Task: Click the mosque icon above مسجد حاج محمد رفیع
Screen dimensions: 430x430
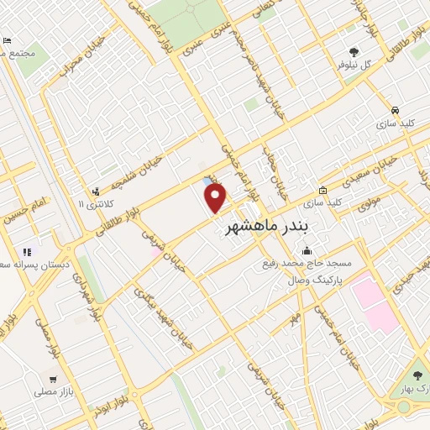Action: (x=307, y=249)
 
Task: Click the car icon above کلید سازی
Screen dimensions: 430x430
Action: (x=395, y=110)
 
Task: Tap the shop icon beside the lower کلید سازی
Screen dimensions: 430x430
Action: (x=323, y=190)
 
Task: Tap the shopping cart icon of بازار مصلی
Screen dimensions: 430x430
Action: (x=53, y=379)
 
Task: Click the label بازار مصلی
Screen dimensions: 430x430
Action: (x=55, y=391)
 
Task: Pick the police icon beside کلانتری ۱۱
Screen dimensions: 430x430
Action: (x=97, y=191)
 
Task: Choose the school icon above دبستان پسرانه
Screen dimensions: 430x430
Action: (x=27, y=251)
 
